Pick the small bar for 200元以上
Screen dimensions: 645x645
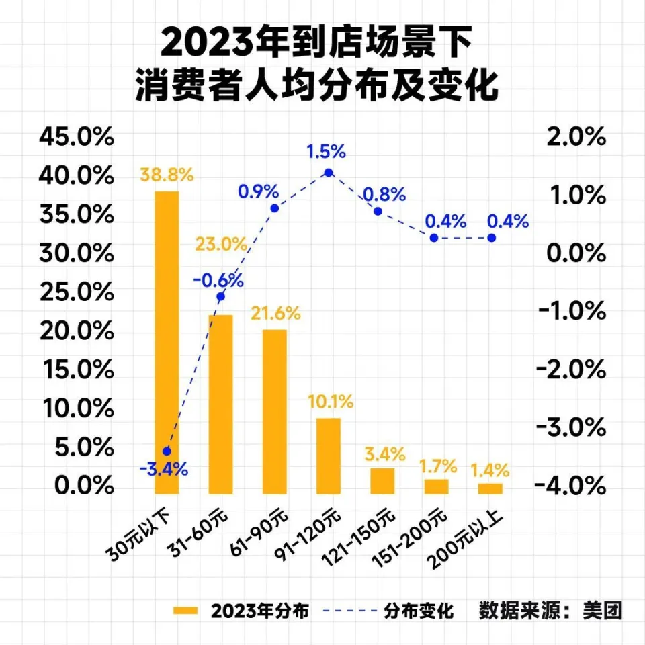point(490,488)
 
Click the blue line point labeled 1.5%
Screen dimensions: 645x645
point(329,173)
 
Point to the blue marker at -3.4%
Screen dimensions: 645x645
point(167,451)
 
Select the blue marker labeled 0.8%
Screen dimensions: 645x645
point(378,211)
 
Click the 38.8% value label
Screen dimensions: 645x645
point(167,175)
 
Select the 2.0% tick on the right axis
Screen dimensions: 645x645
point(576,138)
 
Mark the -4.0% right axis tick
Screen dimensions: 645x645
point(572,485)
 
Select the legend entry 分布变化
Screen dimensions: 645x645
point(419,611)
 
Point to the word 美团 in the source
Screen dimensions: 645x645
point(604,611)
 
